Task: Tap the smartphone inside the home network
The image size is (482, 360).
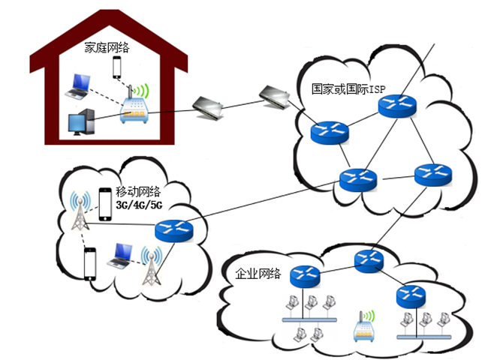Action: click(117, 67)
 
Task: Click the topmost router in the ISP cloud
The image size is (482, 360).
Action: click(397, 106)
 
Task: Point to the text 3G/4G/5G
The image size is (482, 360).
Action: click(139, 205)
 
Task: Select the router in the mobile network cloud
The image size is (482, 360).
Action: click(174, 230)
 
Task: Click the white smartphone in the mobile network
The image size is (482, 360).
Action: click(91, 263)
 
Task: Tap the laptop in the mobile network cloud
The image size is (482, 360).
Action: click(121, 256)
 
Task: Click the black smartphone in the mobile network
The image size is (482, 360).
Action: click(105, 204)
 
